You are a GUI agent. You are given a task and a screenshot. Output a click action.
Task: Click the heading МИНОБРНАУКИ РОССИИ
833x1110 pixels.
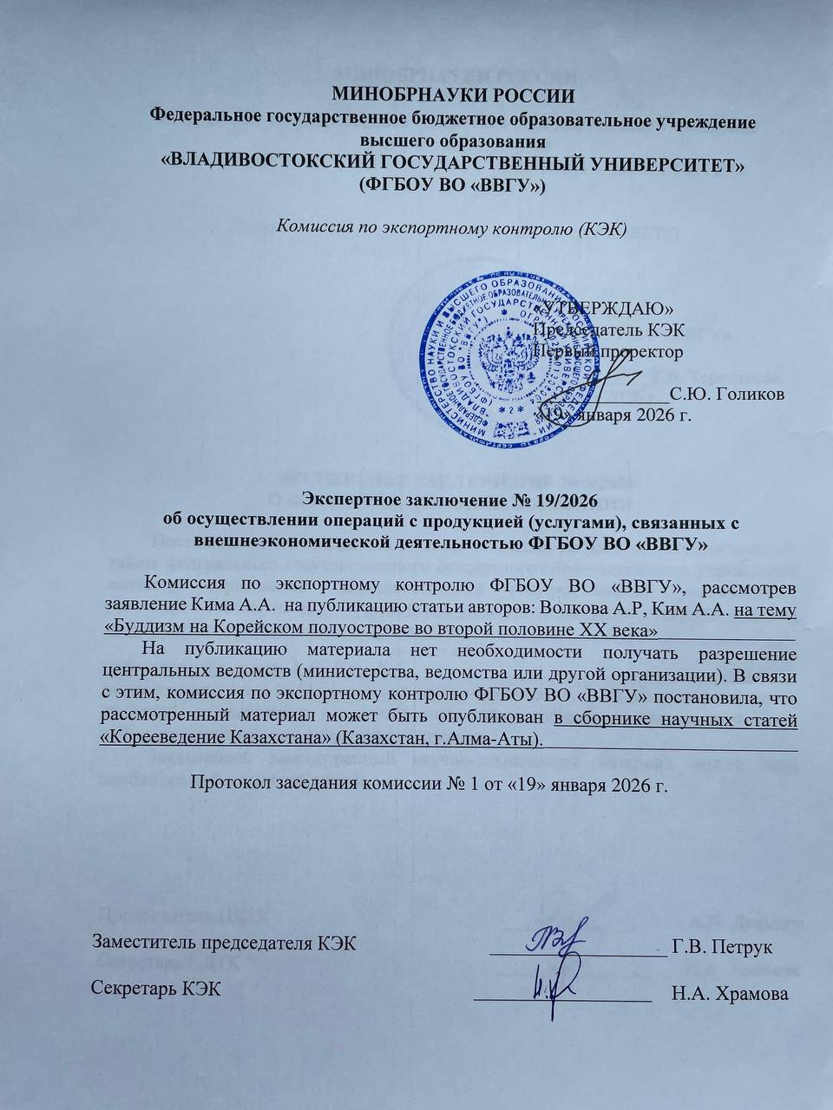click(x=454, y=95)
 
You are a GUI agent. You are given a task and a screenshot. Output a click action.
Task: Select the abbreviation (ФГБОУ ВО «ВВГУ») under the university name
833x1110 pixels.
click(x=452, y=185)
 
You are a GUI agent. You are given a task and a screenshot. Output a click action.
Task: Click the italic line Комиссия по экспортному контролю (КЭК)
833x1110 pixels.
click(x=450, y=228)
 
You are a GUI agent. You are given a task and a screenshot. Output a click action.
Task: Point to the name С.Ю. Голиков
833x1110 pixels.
click(x=729, y=395)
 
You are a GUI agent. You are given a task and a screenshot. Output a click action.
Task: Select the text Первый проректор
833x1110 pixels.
click(x=608, y=351)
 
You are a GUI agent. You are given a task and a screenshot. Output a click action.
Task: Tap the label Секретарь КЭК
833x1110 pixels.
click(x=156, y=989)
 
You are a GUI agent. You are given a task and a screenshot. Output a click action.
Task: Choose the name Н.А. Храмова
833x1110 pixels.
click(x=730, y=994)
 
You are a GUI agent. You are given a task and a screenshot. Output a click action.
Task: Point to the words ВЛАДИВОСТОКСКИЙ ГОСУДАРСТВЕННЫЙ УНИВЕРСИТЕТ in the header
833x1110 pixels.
click(x=454, y=164)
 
